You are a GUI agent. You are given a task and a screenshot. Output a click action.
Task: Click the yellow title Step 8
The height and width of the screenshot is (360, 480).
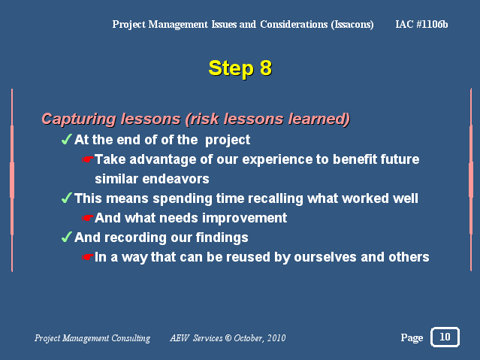coord(240,68)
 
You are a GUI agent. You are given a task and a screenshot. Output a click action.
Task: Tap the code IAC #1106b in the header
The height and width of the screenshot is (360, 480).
coord(421,24)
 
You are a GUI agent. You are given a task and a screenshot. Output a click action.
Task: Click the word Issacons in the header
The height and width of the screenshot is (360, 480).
coord(352,25)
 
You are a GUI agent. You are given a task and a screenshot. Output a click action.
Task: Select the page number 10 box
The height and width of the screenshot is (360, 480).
coord(445,337)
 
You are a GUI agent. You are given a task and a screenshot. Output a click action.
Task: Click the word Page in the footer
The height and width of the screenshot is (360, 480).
coord(412,337)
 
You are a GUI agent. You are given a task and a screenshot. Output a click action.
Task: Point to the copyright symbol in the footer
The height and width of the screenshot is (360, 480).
coord(228,338)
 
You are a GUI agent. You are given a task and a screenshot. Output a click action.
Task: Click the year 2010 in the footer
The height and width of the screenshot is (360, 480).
coord(276,338)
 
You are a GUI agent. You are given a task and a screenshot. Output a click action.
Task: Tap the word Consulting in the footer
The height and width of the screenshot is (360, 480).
coord(131,338)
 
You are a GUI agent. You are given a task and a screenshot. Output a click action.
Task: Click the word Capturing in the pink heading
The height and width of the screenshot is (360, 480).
coord(79,119)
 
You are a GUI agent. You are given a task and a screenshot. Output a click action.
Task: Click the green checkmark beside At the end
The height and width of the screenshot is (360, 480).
coord(66,139)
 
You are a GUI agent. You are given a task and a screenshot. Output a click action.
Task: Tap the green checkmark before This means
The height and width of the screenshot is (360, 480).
coord(66,198)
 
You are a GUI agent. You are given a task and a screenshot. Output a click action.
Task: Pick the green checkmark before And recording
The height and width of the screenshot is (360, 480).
coord(66,237)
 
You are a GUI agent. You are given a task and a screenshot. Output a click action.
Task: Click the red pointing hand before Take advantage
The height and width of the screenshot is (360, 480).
coord(88,159)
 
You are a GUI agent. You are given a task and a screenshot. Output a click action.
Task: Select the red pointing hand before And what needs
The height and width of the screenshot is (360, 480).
coord(88,218)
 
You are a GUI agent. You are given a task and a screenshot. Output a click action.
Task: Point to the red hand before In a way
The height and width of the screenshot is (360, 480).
coord(88,257)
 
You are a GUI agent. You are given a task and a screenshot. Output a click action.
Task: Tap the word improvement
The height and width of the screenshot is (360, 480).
coord(245,218)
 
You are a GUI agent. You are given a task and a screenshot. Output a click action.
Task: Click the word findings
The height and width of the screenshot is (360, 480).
coord(222,237)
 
